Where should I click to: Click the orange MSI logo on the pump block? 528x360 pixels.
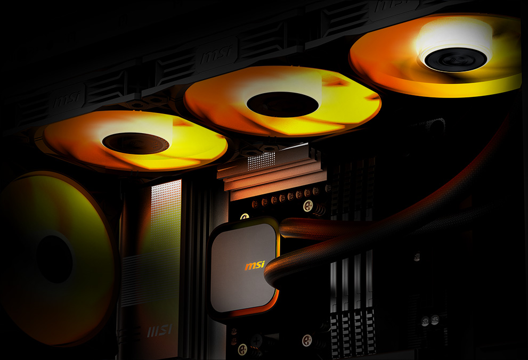pyautogui.click(x=254, y=265)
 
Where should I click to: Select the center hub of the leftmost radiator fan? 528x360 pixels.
pyautogui.click(x=135, y=143)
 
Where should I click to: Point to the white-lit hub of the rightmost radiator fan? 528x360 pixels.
pyautogui.click(x=455, y=59)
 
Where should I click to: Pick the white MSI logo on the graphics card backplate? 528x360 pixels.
pyautogui.click(x=160, y=331)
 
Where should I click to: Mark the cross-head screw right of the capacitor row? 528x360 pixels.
pyautogui.click(x=307, y=206)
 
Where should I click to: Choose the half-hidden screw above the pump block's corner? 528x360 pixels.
pyautogui.click(x=245, y=217)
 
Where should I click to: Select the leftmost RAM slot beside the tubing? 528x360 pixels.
pyautogui.click(x=334, y=298)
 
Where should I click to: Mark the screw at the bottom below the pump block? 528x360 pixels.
pyautogui.click(x=242, y=349)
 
